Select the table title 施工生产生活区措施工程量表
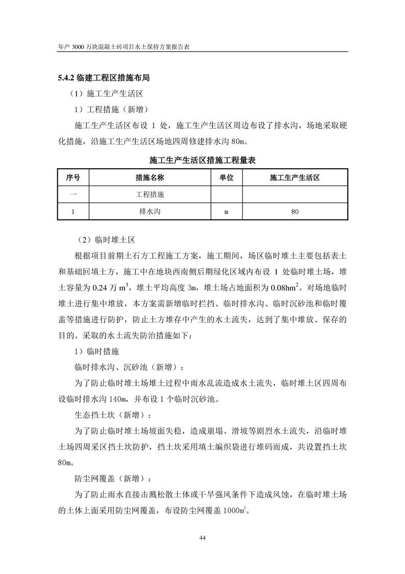(202, 160)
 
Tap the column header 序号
(73, 178)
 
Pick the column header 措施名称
(150, 178)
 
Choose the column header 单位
(226, 178)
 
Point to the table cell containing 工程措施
(150, 194)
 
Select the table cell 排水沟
(150, 211)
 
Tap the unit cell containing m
(226, 211)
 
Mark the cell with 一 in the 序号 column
(73, 194)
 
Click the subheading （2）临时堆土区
(98, 239)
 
